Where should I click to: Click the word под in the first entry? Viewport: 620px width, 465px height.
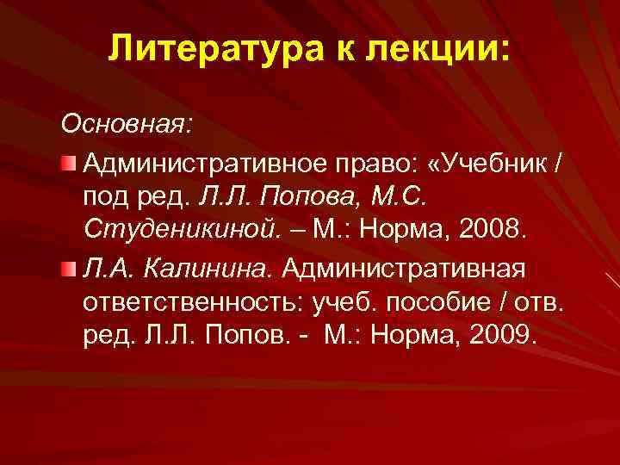pyautogui.click(x=106, y=196)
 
